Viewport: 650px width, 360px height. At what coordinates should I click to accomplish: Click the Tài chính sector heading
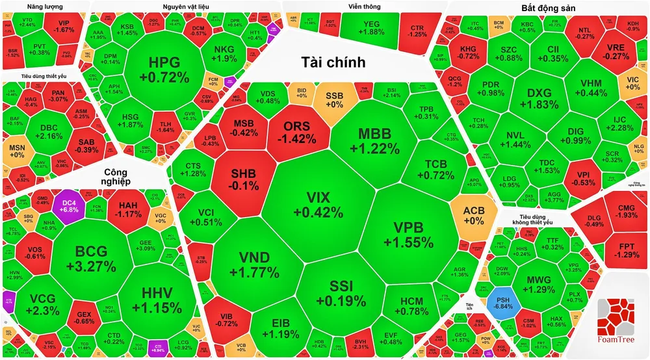click(x=333, y=63)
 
